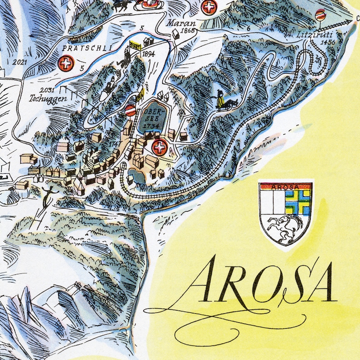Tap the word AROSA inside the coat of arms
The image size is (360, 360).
[x=285, y=186]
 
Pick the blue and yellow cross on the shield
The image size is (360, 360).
[x=298, y=201]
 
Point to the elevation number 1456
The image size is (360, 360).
[x=327, y=42]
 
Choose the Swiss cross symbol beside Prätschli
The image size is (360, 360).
[x=66, y=63]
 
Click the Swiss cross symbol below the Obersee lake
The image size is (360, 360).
[x=159, y=146]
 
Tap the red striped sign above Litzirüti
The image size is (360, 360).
[x=321, y=14]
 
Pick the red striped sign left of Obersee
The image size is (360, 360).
[x=130, y=110]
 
